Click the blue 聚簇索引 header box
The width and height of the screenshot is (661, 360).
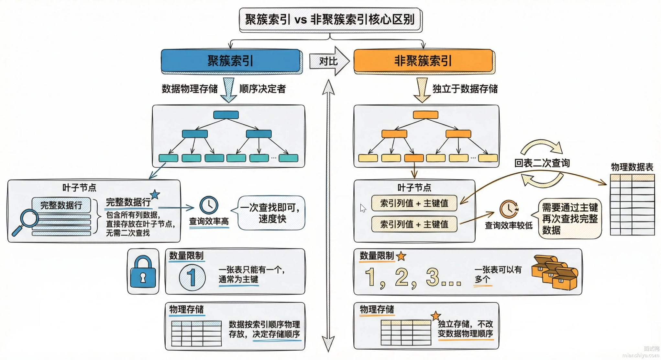click(x=230, y=60)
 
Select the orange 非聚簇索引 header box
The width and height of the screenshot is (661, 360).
click(x=423, y=60)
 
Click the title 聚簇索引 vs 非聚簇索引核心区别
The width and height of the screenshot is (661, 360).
click(x=330, y=19)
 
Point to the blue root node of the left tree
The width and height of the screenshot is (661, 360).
click(x=226, y=115)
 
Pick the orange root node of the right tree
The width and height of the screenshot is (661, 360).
click(x=425, y=115)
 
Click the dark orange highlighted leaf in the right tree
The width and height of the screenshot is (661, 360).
click(x=414, y=158)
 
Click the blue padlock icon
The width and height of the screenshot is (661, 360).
click(x=143, y=272)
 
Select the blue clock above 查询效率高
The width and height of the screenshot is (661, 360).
click(x=209, y=205)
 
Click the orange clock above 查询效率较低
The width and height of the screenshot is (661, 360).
click(x=509, y=209)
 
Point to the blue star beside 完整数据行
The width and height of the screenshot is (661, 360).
click(x=155, y=194)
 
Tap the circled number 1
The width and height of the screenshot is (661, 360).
click(x=192, y=278)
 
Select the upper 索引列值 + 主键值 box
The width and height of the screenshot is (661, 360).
click(x=414, y=203)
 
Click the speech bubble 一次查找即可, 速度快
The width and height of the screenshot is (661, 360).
click(x=272, y=213)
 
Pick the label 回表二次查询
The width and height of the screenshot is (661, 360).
click(x=542, y=163)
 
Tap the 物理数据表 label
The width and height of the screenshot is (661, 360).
click(x=632, y=167)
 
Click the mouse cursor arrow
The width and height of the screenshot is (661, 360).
click(x=363, y=208)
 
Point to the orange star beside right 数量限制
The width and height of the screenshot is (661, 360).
click(x=401, y=256)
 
